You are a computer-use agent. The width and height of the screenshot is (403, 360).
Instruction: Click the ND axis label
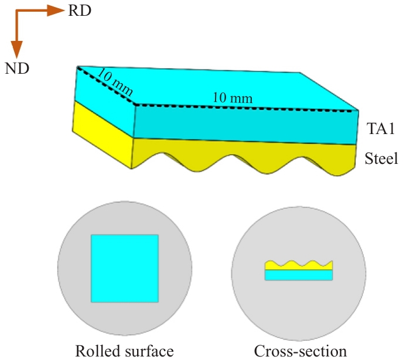tap(17, 69)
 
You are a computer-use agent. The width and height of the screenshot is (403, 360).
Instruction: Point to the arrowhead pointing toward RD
tap(56, 11)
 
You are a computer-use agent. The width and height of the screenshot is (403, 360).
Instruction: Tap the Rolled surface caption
tap(124, 351)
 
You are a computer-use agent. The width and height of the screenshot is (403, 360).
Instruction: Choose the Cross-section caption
tap(300, 351)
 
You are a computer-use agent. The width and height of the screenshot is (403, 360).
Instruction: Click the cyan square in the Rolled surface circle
tap(124, 268)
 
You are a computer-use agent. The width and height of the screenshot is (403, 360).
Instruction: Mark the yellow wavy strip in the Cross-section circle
tap(299, 266)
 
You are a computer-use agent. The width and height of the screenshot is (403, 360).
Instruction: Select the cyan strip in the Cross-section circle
tap(299, 275)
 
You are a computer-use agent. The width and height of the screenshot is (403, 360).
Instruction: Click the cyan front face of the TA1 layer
tap(246, 124)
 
